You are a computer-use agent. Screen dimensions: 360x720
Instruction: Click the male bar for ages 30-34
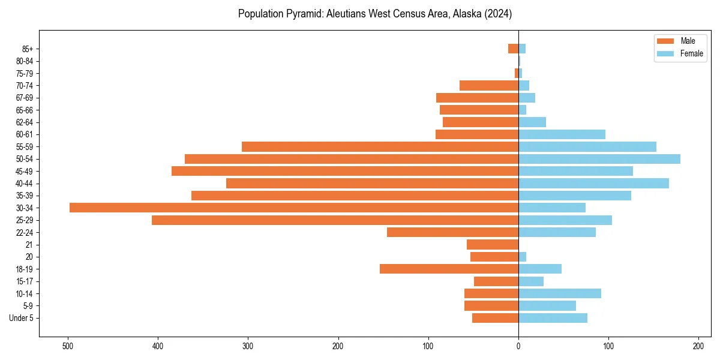pos(294,208)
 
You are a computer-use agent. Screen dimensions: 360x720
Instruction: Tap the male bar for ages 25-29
pos(335,220)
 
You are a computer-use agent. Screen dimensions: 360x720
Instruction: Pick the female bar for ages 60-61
pos(562,134)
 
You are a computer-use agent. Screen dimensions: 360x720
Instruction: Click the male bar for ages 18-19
pos(449,269)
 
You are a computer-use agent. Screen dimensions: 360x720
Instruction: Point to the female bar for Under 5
pos(553,318)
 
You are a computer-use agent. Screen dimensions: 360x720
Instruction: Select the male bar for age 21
pos(493,245)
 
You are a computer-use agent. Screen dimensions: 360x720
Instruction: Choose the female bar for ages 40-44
pos(593,183)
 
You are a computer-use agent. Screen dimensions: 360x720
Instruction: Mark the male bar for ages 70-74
pos(489,85)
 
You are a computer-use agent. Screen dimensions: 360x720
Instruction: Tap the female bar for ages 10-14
pos(560,293)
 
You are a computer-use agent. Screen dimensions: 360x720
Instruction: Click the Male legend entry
pos(679,41)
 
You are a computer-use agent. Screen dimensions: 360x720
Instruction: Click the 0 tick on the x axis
pos(518,346)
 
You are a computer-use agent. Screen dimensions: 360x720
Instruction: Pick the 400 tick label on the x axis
pos(158,346)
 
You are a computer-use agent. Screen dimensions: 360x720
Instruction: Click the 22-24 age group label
pos(24,232)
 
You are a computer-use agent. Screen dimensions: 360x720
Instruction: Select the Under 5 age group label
pos(21,318)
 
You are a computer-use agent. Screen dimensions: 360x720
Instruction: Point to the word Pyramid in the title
pos(299,13)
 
